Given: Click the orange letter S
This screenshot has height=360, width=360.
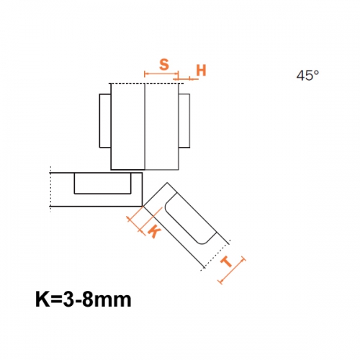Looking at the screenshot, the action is pyautogui.click(x=164, y=65).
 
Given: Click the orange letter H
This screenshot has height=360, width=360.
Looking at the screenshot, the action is pyautogui.click(x=201, y=71).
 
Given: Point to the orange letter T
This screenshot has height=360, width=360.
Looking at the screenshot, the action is pyautogui.click(x=227, y=262).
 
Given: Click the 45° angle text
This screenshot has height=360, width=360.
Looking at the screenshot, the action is pyautogui.click(x=307, y=76).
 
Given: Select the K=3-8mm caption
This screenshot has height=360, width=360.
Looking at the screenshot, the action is pyautogui.click(x=84, y=300).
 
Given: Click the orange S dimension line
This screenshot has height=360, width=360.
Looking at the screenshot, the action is pyautogui.click(x=161, y=74).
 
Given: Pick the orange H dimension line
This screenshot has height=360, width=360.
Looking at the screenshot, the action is pyautogui.click(x=186, y=78).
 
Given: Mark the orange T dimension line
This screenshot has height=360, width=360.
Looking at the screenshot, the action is pyautogui.click(x=232, y=270).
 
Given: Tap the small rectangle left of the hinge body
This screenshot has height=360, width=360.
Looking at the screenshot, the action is pyautogui.click(x=105, y=121).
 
